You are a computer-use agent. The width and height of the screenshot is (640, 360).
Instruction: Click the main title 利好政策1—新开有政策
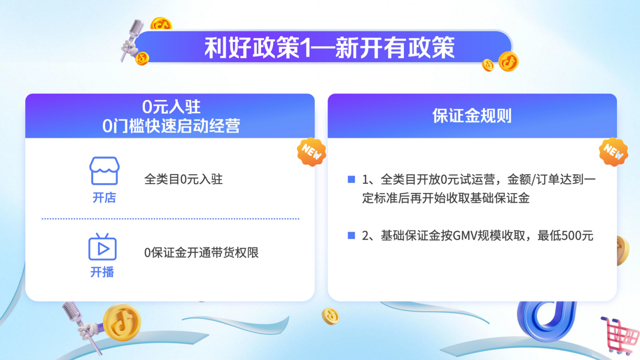[x=329, y=48]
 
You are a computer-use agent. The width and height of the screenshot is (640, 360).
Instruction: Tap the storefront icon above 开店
[x=104, y=171]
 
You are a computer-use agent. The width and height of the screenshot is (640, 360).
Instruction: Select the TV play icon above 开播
[x=102, y=247]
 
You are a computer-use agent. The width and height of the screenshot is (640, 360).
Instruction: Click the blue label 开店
[x=104, y=198]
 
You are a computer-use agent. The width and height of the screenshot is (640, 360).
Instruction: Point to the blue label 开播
[x=102, y=272]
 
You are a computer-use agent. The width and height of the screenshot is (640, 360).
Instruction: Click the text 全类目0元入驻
[x=183, y=179]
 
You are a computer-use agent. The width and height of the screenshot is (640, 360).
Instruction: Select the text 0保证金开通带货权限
[x=201, y=252]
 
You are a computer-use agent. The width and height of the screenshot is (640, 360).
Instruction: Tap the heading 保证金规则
[x=472, y=116]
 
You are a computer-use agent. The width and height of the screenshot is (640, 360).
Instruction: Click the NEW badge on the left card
[x=311, y=152]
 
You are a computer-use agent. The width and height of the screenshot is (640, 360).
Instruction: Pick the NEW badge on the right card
[x=614, y=152]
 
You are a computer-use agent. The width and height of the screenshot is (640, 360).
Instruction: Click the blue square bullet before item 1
[x=351, y=179]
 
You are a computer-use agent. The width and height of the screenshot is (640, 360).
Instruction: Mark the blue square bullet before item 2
[x=351, y=235]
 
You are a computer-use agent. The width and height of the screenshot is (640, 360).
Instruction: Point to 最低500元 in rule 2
[x=565, y=236]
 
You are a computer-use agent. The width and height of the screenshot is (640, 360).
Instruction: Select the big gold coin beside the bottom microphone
[x=122, y=322]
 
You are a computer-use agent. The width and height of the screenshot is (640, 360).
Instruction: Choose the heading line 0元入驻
[x=171, y=107]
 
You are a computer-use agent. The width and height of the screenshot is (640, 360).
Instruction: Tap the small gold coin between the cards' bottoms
[x=330, y=316]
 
